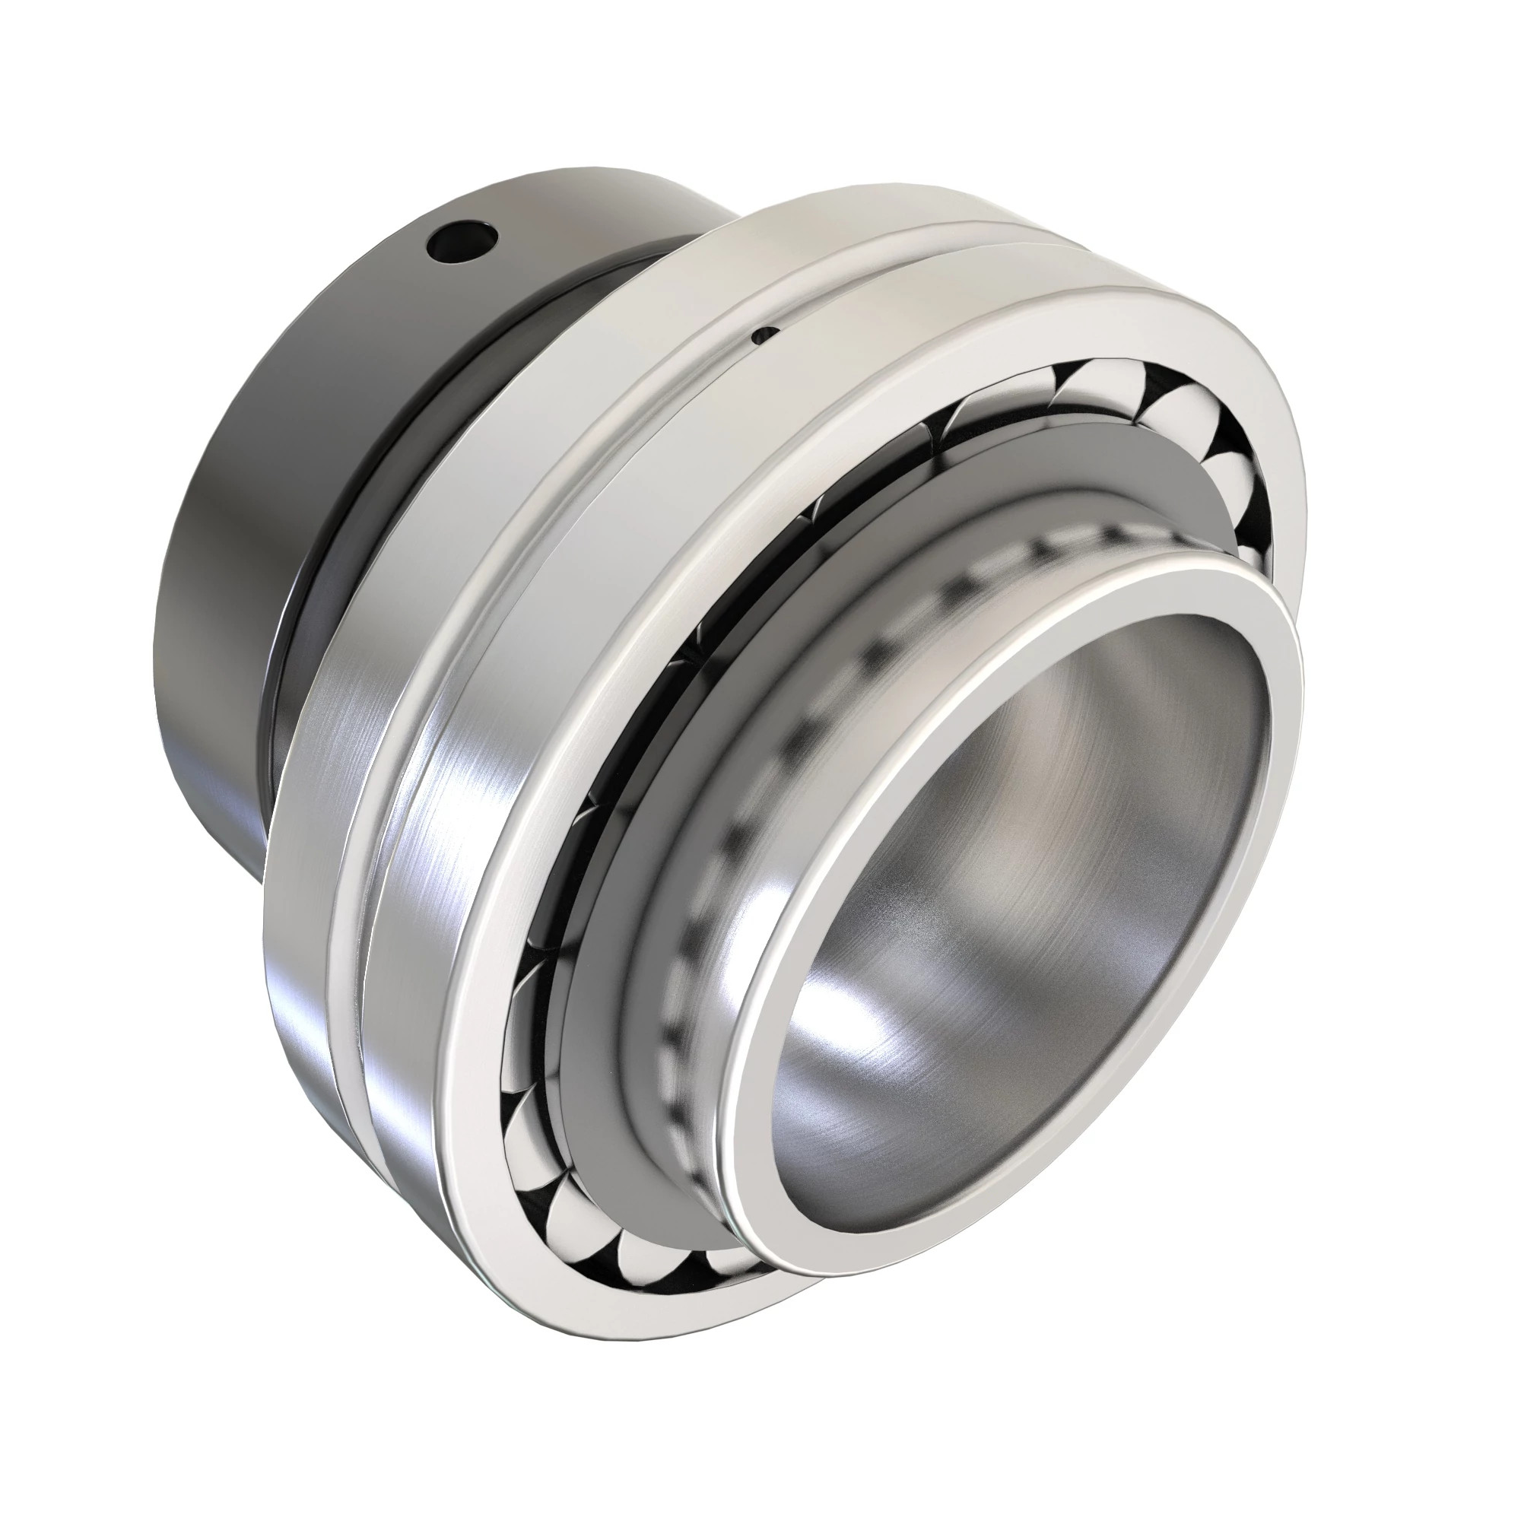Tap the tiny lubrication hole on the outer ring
coord(763,335)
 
